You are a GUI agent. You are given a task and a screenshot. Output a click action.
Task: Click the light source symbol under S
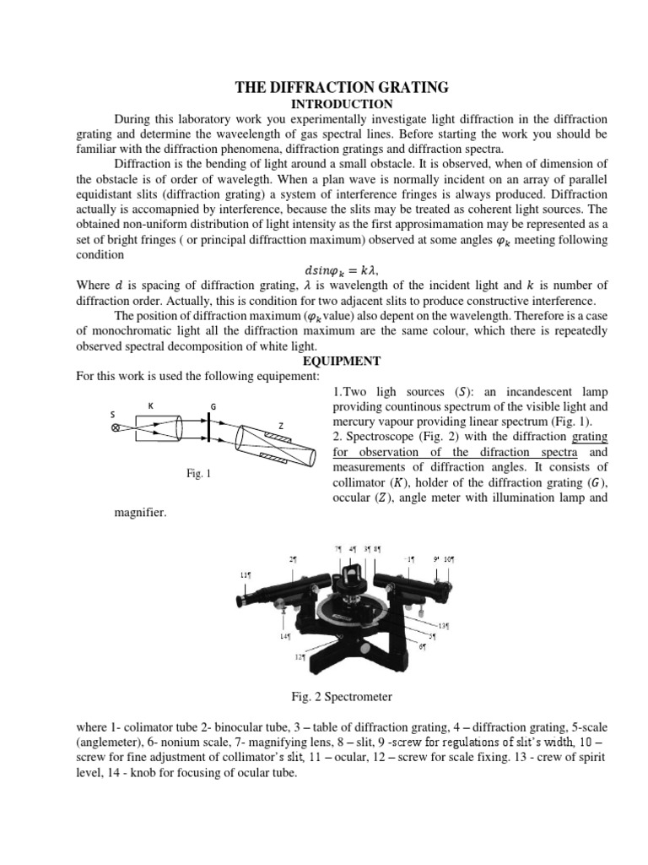pyautogui.click(x=116, y=428)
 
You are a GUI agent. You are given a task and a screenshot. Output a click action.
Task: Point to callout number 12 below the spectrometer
pyautogui.click(x=298, y=656)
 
